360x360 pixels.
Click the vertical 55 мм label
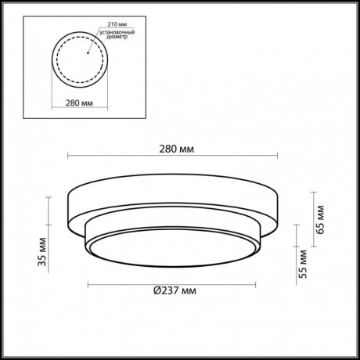[301, 265]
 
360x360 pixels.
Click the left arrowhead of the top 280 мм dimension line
[70, 156]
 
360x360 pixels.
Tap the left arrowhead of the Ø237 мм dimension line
[88, 282]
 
